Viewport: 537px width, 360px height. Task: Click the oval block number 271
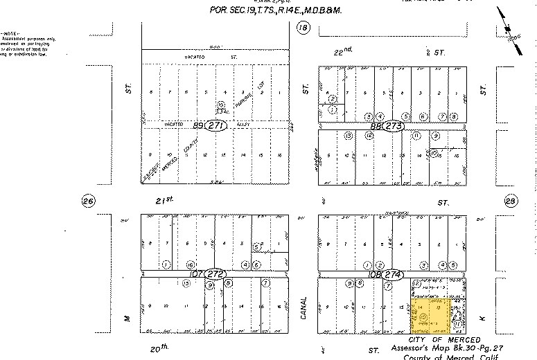coord(216,127)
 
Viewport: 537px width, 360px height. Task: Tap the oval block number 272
coord(217,273)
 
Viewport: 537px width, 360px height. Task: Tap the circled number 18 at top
coord(302,28)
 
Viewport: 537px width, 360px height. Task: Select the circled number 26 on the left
coord(87,201)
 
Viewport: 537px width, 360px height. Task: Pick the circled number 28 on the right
coord(511,201)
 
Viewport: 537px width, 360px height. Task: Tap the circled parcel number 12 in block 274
coord(416,284)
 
